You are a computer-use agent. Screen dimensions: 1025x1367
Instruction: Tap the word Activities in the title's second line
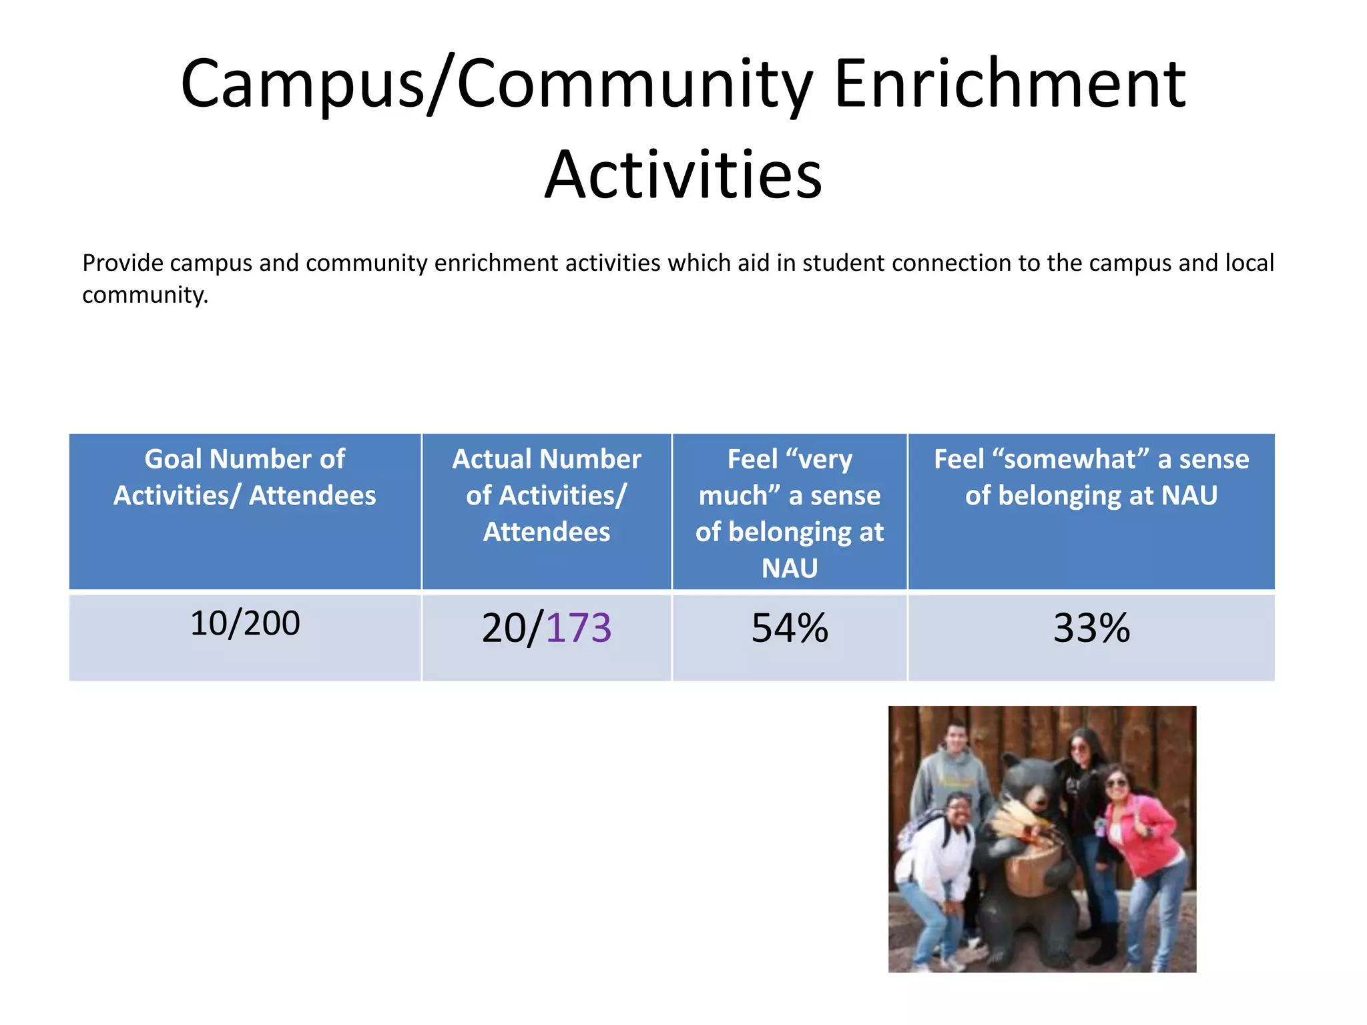[683, 175]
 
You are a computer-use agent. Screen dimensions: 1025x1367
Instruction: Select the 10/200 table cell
[245, 623]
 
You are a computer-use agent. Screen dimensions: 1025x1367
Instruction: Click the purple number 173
[579, 629]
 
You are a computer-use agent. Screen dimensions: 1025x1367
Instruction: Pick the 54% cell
[790, 629]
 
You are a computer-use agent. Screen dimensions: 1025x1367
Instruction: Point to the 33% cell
[1091, 629]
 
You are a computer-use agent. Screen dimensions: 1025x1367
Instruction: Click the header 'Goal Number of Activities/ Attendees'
[245, 477]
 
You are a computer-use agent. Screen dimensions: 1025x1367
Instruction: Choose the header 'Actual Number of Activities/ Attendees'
[547, 495]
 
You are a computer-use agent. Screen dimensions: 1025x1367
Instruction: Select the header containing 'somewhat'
[1091, 477]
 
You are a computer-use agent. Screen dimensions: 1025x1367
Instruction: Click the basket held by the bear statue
[1031, 868]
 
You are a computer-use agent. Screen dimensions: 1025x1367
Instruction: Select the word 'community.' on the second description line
[146, 295]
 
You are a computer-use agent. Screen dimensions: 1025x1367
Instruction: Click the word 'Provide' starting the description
[123, 263]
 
